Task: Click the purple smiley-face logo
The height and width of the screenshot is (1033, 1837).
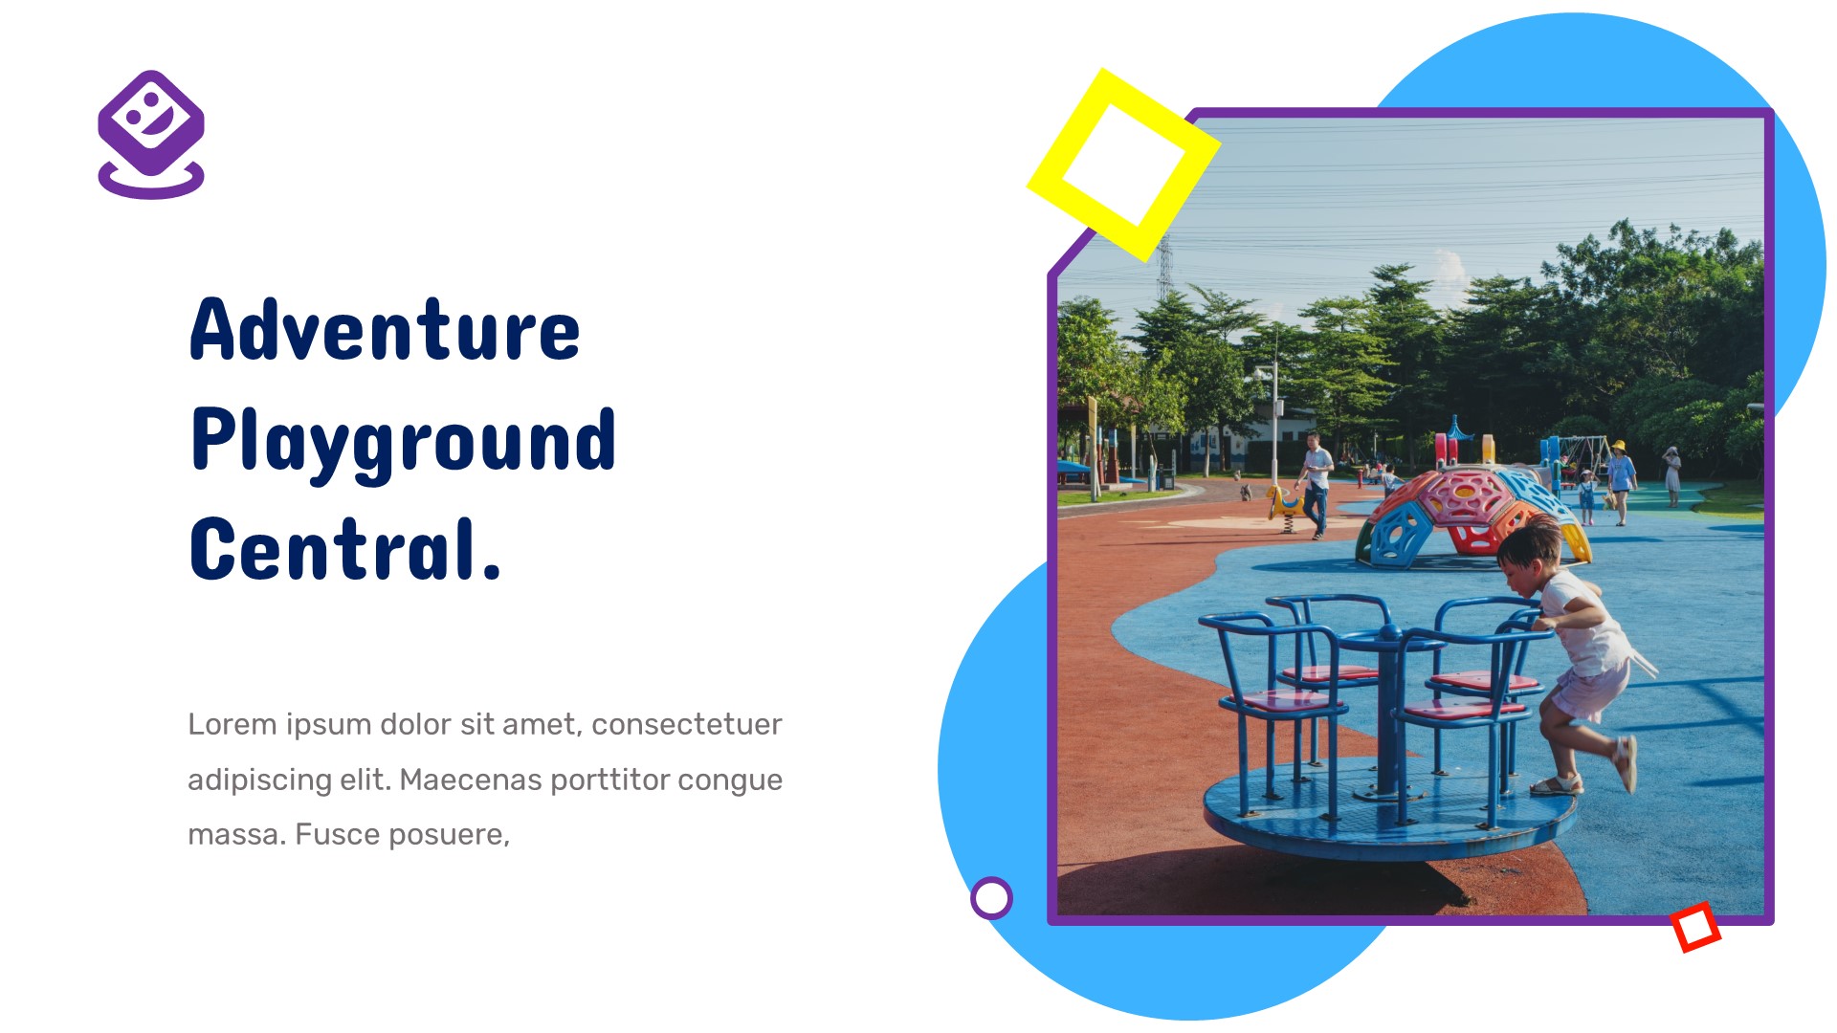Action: click(x=151, y=133)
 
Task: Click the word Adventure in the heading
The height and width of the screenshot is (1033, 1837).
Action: click(x=385, y=330)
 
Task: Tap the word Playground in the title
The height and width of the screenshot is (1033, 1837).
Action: click(x=403, y=441)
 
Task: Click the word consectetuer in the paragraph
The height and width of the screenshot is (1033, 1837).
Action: click(x=686, y=724)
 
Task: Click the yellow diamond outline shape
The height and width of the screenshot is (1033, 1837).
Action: click(x=1123, y=165)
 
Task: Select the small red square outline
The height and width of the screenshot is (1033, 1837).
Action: click(x=1694, y=926)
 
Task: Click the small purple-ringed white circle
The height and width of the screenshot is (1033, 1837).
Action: click(x=991, y=898)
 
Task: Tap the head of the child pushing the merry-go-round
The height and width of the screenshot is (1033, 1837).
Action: click(x=1527, y=555)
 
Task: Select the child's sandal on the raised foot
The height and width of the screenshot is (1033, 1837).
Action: click(x=1625, y=761)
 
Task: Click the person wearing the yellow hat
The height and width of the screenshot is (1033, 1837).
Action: click(x=1620, y=478)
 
